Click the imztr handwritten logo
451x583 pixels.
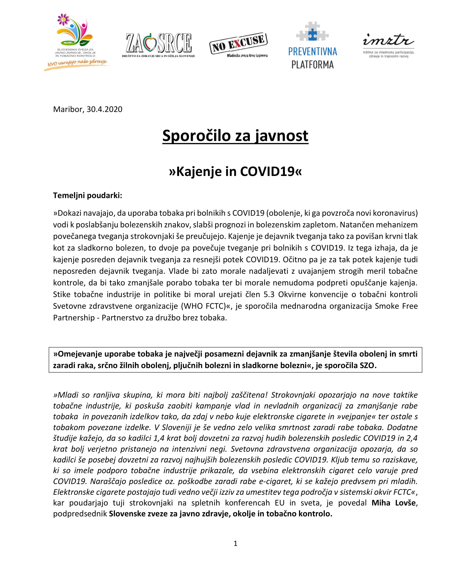click(388, 41)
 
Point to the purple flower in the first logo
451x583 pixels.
click(63, 19)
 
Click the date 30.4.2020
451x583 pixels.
click(104, 109)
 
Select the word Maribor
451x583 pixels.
click(68, 109)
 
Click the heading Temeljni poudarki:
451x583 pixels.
click(88, 195)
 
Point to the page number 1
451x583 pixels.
click(235, 543)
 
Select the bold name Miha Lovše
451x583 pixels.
click(393, 503)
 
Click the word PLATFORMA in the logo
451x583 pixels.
click(312, 65)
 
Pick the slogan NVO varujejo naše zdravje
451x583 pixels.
click(77, 63)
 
